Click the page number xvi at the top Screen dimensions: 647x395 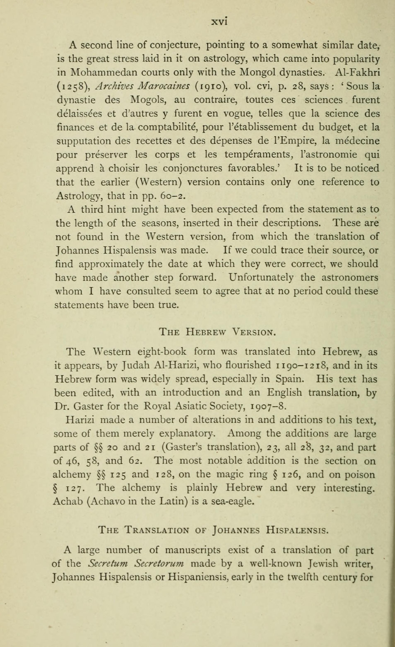(219, 22)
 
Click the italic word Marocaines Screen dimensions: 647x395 (165, 86)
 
